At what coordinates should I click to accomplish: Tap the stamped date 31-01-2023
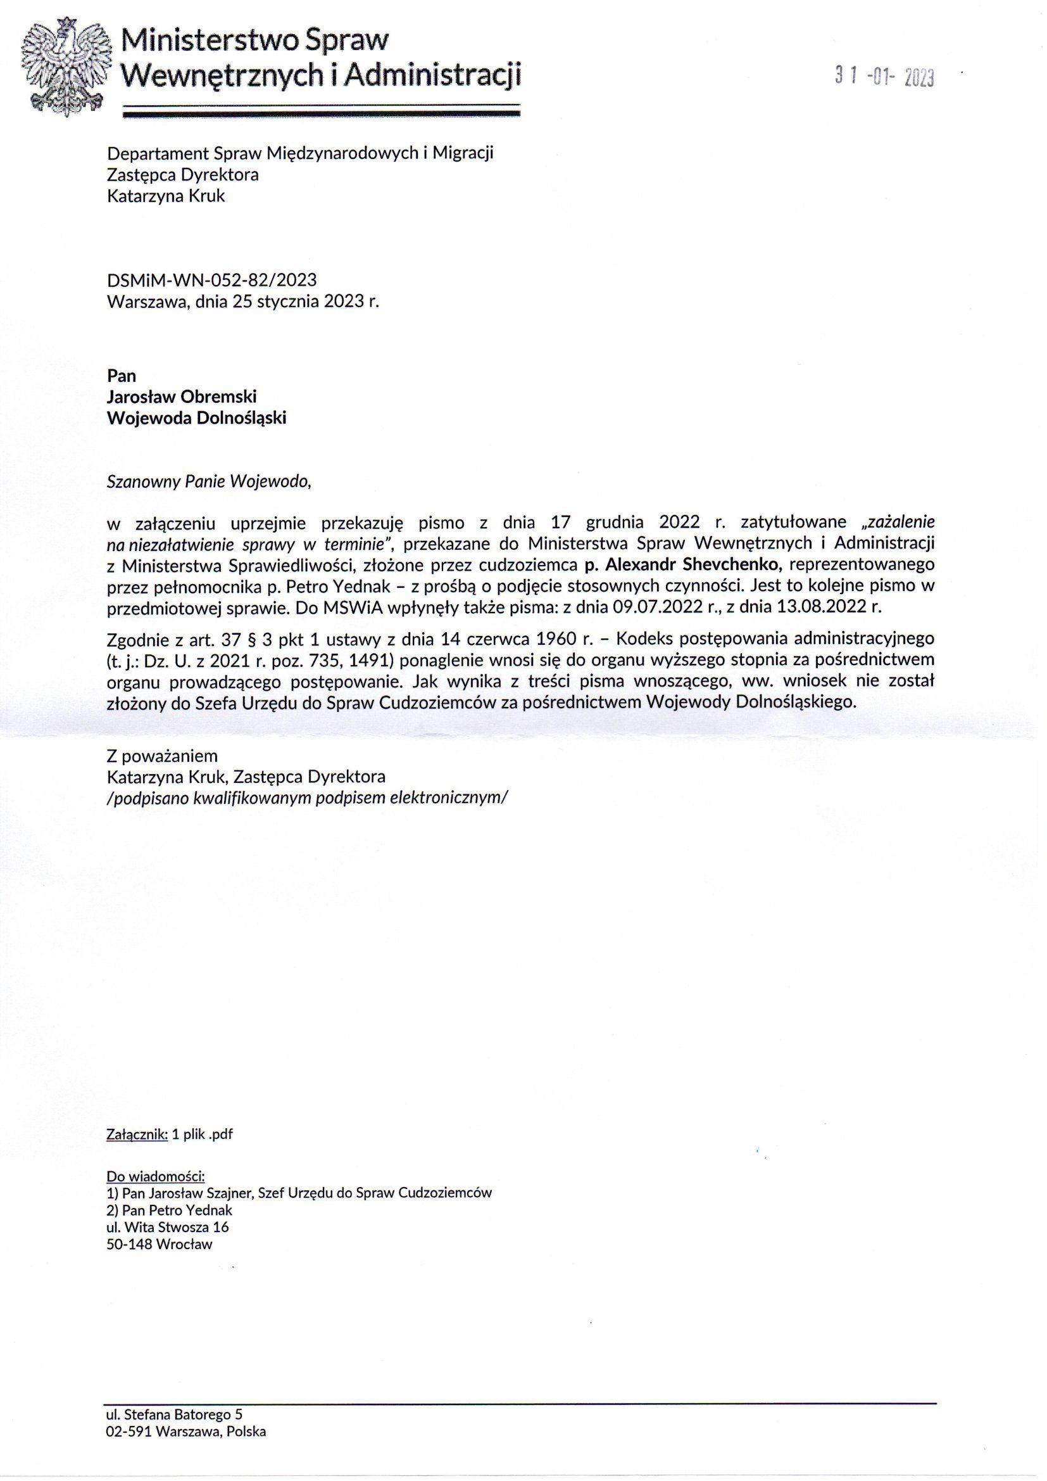[884, 78]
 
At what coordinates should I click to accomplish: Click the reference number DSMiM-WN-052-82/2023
[211, 279]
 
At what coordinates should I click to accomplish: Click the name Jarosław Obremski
[182, 396]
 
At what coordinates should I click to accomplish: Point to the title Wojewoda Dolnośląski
[196, 417]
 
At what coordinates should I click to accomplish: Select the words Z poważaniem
[162, 755]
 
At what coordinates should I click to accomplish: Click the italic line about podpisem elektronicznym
[308, 798]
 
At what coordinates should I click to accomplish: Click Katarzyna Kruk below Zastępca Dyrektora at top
[166, 196]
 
